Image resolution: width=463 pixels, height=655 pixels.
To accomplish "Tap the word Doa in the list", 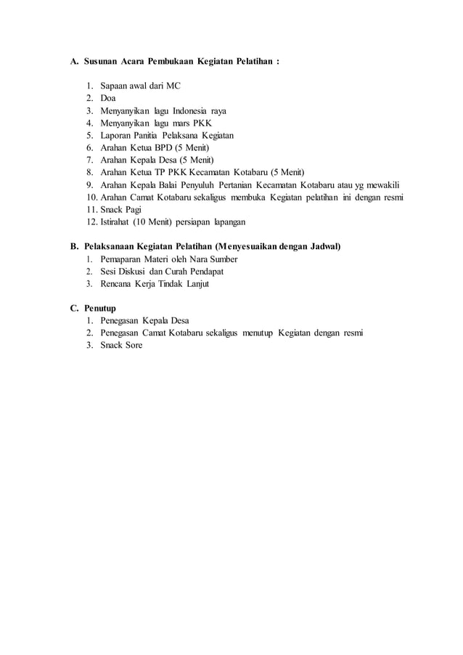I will (x=108, y=98).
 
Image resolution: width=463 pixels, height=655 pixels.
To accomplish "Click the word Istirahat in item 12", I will (x=117, y=221).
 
